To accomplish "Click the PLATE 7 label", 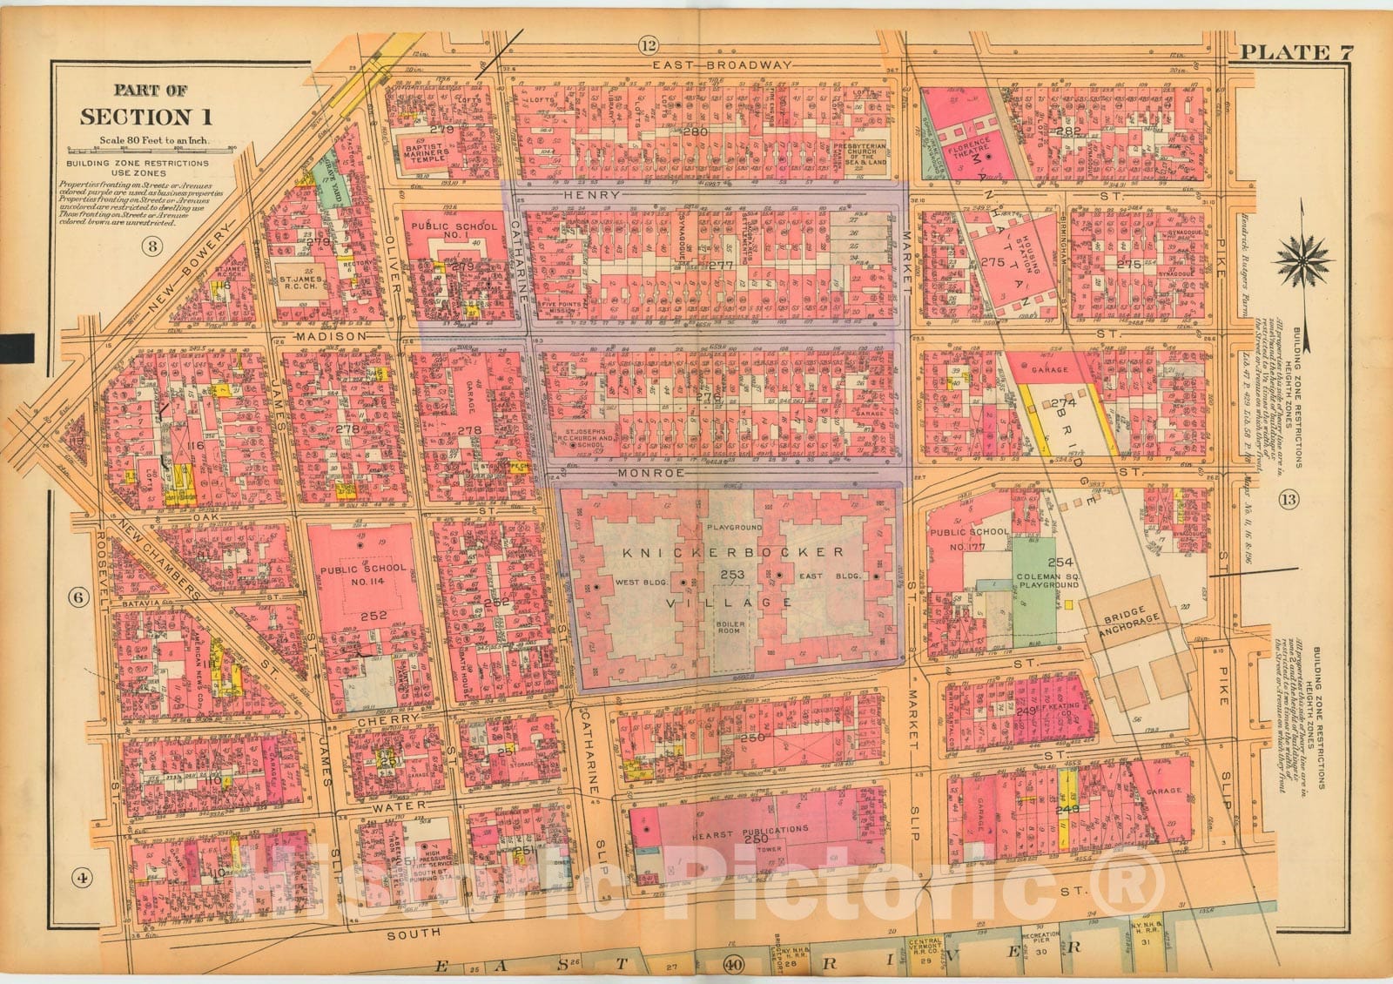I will coord(1296,51).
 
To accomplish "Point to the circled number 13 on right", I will coord(1289,499).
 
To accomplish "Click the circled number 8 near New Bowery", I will coord(151,246).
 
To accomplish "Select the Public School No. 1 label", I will coord(454,232).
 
